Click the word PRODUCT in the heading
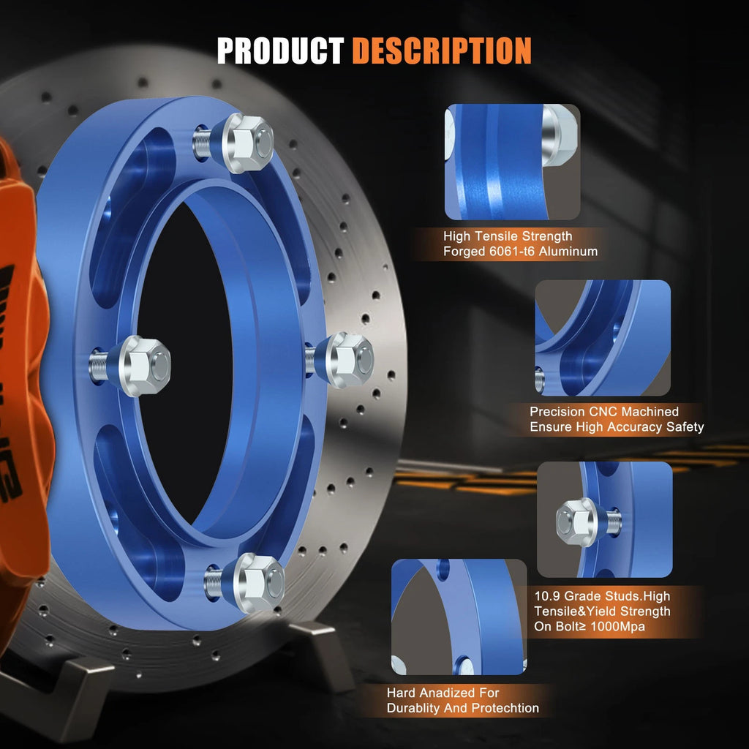[280, 50]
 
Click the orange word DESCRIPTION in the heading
[442, 50]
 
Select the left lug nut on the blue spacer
[144, 366]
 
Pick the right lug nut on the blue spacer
[349, 360]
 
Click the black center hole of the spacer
[184, 363]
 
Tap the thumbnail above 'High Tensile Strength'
[513, 162]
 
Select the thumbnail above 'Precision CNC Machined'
[603, 338]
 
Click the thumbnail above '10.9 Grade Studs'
[605, 519]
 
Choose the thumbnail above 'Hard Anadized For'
[459, 617]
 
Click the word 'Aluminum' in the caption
[568, 252]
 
